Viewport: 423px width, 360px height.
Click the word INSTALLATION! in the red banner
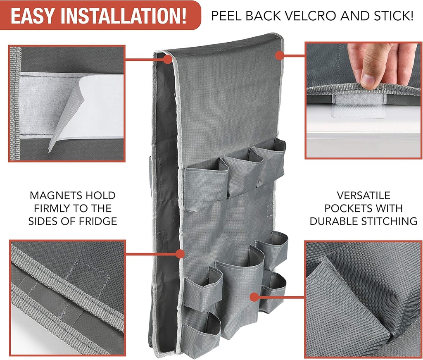[x=124, y=16]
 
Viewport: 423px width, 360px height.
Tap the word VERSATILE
[x=364, y=195]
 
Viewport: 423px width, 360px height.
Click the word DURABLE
[x=334, y=221]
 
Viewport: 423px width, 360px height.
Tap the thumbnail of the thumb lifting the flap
[x=364, y=100]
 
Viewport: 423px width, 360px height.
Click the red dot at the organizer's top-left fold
[x=168, y=60]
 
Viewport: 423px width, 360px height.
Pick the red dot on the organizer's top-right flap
[x=280, y=56]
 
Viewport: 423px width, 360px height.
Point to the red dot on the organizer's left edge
[x=180, y=254]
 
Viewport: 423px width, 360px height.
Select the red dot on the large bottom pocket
[x=254, y=297]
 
